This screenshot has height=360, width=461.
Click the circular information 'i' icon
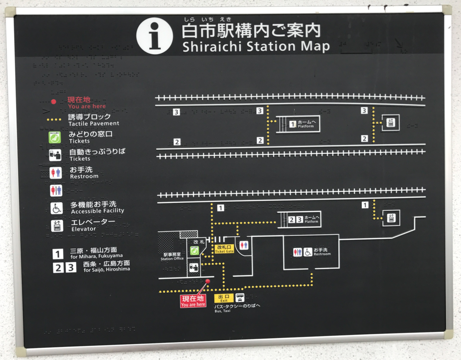pos(154,36)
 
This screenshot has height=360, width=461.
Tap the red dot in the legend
pos(54,102)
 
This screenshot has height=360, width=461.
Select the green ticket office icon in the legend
pos(55,137)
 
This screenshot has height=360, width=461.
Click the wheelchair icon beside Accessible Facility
pos(56,208)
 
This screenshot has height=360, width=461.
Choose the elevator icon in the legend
pos(57,225)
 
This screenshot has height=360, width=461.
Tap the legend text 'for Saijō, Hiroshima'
pos(107,269)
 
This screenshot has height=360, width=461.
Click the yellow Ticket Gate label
pos(224,249)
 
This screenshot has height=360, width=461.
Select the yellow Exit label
pos(224,298)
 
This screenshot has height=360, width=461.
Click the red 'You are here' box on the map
pos(193,301)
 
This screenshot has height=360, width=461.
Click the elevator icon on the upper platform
pos(390,123)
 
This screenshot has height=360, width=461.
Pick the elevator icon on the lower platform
pos(391,218)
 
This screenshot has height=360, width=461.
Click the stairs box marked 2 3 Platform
pos(299,219)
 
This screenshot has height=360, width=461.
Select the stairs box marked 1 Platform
pos(298,124)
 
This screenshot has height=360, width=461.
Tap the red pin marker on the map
pos(208,282)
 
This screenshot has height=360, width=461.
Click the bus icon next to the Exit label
pos(240,298)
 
